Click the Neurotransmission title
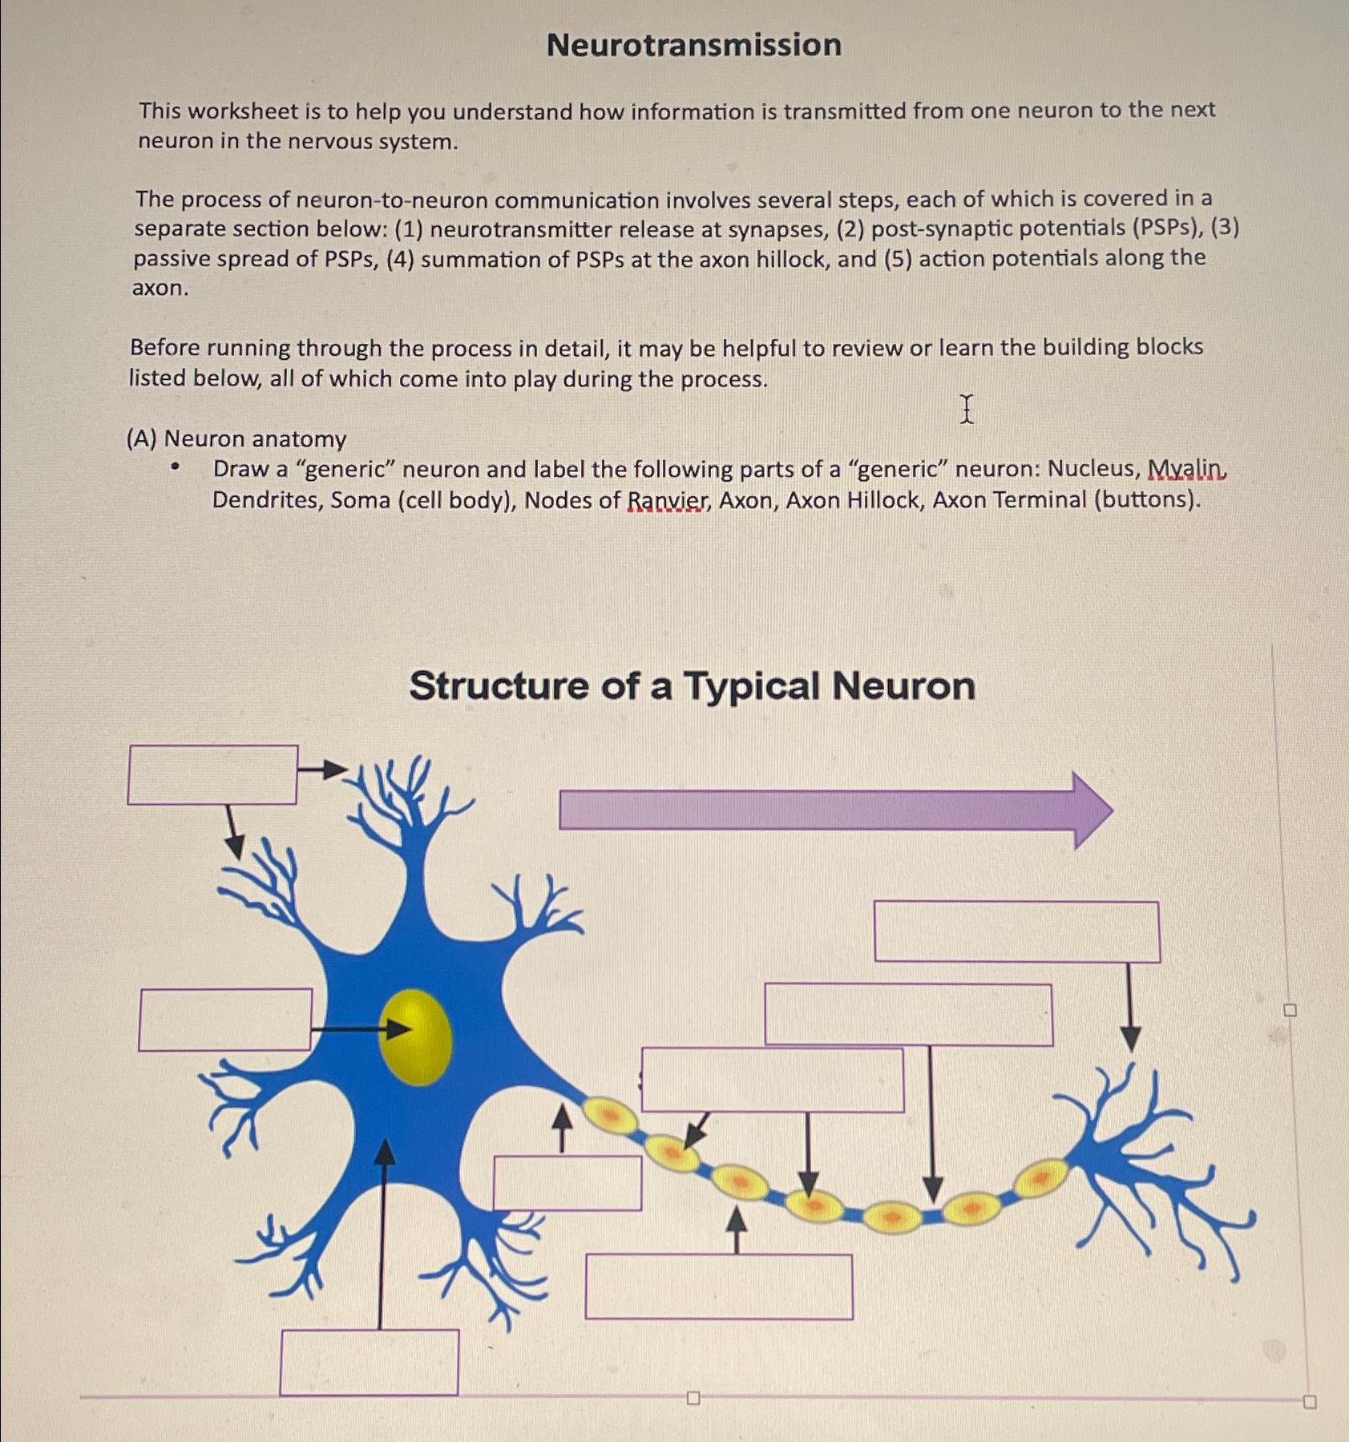pyautogui.click(x=693, y=45)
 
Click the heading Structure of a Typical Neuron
pyautogui.click(x=692, y=686)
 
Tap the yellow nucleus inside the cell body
pyautogui.click(x=415, y=1037)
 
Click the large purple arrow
pyautogui.click(x=834, y=810)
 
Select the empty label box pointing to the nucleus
pyautogui.click(x=225, y=1020)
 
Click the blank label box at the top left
pyautogui.click(x=212, y=774)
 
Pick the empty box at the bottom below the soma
pyautogui.click(x=370, y=1363)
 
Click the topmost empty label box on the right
pyautogui.click(x=1016, y=931)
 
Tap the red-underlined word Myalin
pyautogui.click(x=1186, y=468)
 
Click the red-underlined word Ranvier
pyautogui.click(x=667, y=501)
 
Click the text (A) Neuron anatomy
pyautogui.click(x=236, y=438)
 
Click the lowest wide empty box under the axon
pyautogui.click(x=719, y=1286)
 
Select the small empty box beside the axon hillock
pyautogui.click(x=567, y=1183)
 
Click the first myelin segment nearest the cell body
pyautogui.click(x=609, y=1114)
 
